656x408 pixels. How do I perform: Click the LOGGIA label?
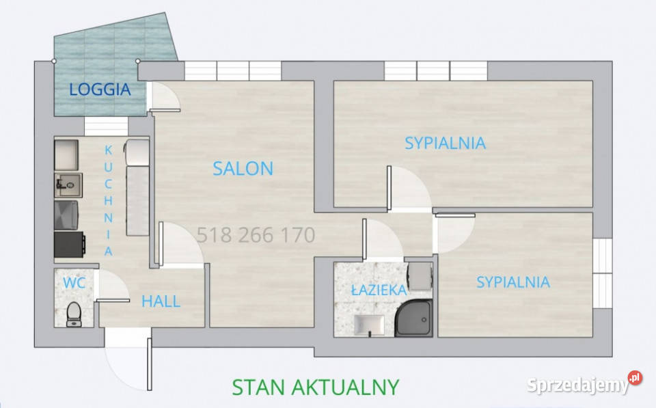pyautogui.click(x=100, y=90)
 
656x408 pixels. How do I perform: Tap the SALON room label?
pyautogui.click(x=243, y=169)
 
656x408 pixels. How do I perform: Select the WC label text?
pyautogui.click(x=74, y=283)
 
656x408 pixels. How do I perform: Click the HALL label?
pyautogui.click(x=161, y=301)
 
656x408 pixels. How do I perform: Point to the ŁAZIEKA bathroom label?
pyautogui.click(x=379, y=290)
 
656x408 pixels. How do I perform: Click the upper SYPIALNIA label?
pyautogui.click(x=445, y=143)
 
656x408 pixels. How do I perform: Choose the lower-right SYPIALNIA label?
pyautogui.click(x=513, y=282)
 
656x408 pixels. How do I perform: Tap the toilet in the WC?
pyautogui.click(x=74, y=314)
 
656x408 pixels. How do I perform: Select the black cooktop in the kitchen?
pyautogui.click(x=70, y=245)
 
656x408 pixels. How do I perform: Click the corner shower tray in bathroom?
pyautogui.click(x=413, y=318)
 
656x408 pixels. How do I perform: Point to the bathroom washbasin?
pyautogui.click(x=369, y=325)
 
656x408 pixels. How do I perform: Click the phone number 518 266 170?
pyautogui.click(x=256, y=235)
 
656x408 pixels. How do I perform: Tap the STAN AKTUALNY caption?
pyautogui.click(x=316, y=387)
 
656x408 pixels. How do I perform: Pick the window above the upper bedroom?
pyautogui.click(x=436, y=70)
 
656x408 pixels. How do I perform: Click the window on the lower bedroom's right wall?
pyautogui.click(x=603, y=273)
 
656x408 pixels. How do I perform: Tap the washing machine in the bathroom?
pyautogui.click(x=420, y=276)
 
